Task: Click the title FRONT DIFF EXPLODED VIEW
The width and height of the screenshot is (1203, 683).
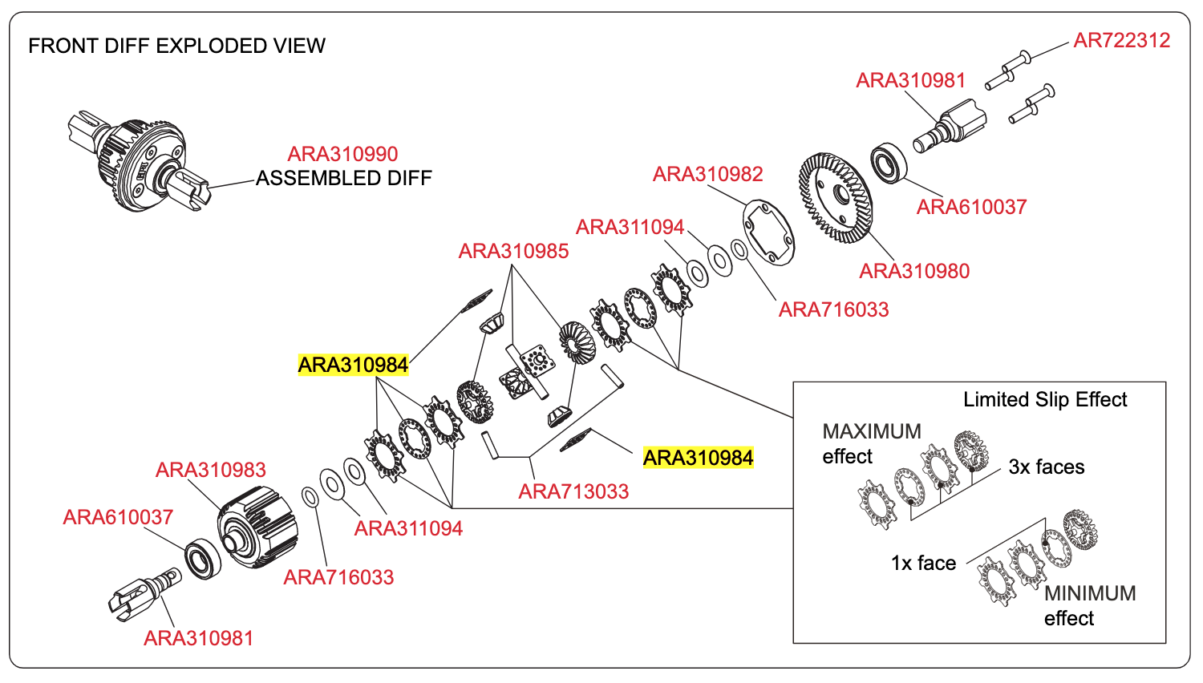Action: point(176,46)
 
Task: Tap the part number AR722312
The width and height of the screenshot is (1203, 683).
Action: point(1121,41)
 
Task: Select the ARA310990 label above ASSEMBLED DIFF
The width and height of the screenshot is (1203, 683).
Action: point(342,154)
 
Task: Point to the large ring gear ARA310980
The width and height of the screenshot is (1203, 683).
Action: point(836,197)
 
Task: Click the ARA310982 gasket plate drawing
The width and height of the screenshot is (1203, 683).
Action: point(768,232)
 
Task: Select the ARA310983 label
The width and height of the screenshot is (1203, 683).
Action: point(210,470)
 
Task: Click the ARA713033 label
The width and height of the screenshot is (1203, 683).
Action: point(573,492)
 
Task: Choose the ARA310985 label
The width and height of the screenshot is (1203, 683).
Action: point(513,251)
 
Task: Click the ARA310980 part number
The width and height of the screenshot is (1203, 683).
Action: point(914,271)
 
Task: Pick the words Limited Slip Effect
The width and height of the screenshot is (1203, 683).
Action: point(1045,399)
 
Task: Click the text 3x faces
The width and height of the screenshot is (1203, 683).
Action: point(1046,467)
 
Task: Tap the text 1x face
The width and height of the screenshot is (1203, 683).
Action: point(924,563)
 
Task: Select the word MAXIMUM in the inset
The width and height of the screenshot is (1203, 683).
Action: point(872,431)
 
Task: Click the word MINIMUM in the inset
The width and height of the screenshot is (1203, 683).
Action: point(1090,593)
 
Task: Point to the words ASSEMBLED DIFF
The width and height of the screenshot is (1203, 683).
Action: point(344,178)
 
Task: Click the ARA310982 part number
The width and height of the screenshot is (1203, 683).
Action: point(708,174)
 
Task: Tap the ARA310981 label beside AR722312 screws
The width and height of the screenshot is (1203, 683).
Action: point(911,80)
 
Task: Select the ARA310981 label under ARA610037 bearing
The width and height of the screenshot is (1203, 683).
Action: point(199,638)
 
